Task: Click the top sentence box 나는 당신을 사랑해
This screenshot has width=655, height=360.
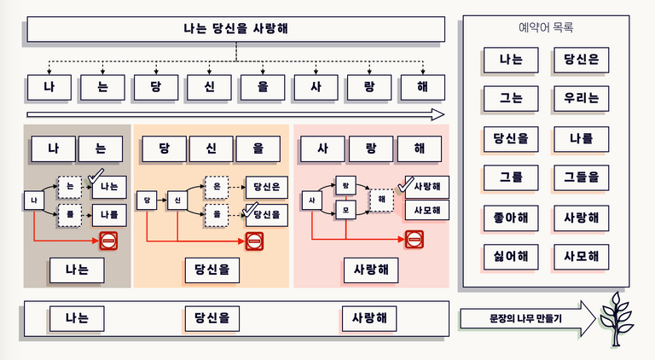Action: pyautogui.click(x=235, y=29)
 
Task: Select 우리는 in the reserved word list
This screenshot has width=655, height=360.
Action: pyautogui.click(x=581, y=98)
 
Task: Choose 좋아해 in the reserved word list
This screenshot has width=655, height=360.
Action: pyautogui.click(x=511, y=217)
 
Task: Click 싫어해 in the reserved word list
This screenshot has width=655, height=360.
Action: pyautogui.click(x=511, y=255)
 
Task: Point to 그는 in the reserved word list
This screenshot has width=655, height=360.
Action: pyautogui.click(x=511, y=98)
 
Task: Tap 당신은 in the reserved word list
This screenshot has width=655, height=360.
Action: pyautogui.click(x=581, y=60)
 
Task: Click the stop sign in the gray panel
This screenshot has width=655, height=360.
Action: pyautogui.click(x=110, y=241)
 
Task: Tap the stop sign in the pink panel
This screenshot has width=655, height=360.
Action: pyautogui.click(x=414, y=241)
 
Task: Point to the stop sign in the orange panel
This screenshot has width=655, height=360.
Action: pyautogui.click(x=255, y=241)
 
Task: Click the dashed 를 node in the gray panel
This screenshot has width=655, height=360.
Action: pyautogui.click(x=70, y=215)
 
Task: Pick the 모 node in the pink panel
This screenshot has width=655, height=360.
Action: pyautogui.click(x=345, y=209)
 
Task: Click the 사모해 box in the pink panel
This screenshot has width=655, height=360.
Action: pyautogui.click(x=426, y=210)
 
